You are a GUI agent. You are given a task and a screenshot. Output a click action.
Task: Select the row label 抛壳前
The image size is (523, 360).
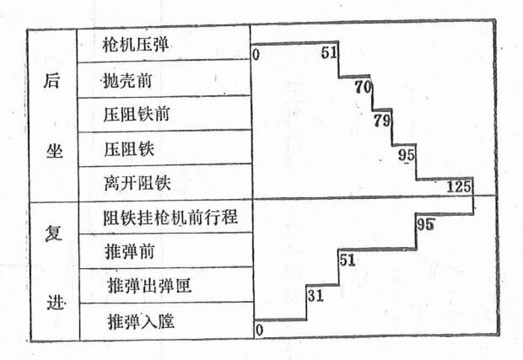tap(127, 82)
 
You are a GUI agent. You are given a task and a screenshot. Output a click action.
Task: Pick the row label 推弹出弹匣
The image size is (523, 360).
tap(150, 286)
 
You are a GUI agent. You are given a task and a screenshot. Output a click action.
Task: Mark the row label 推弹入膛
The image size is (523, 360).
tap(141, 321)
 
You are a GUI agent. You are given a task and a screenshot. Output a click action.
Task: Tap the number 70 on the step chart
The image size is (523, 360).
tap(363, 86)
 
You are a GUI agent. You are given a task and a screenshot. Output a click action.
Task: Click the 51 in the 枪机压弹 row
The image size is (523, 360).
tap(330, 53)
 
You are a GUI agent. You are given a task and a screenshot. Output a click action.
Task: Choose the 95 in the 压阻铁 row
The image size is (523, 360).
tap(407, 154)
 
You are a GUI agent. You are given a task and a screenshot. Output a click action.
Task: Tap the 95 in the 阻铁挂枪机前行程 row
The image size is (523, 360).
tap(425, 224)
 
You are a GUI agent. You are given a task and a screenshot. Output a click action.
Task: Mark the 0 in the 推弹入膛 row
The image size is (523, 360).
tap(259, 329)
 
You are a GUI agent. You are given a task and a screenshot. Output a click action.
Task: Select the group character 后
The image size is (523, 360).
tap(51, 83)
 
